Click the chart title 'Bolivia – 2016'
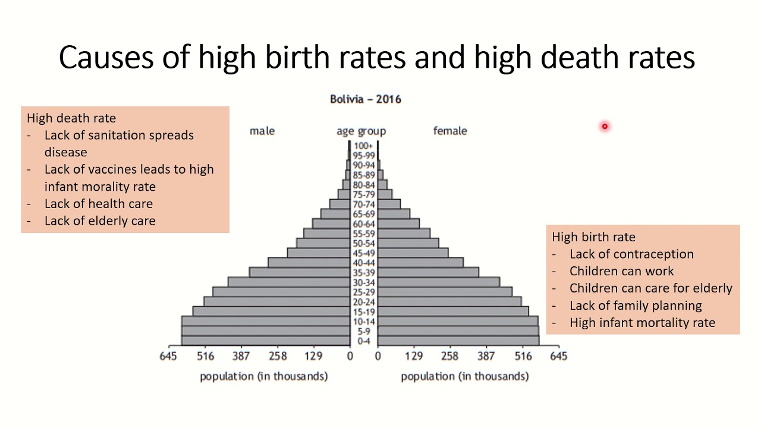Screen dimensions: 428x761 click(x=365, y=99)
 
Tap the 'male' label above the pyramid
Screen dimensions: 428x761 click(x=262, y=131)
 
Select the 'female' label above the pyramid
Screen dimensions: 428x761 click(x=450, y=131)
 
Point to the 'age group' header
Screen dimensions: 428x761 click(x=361, y=131)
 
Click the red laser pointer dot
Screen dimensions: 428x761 click(x=604, y=126)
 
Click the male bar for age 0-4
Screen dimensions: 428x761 click(x=265, y=341)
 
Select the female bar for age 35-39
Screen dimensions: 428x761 click(x=428, y=272)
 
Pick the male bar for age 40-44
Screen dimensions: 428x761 click(x=309, y=263)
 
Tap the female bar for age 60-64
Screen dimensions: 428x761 click(x=398, y=224)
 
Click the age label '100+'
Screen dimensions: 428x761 click(x=363, y=146)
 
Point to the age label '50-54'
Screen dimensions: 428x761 click(x=363, y=243)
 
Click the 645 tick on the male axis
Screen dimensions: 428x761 click(x=169, y=356)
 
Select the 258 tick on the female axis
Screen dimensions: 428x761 click(x=450, y=356)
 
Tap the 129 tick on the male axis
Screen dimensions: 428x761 click(x=313, y=356)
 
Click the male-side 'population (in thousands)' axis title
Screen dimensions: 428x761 click(x=263, y=376)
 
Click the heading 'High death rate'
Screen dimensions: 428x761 click(x=71, y=118)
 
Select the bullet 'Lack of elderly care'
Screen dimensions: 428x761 click(x=100, y=221)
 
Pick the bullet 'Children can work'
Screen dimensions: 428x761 click(x=621, y=271)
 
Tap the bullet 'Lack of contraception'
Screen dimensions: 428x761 click(x=631, y=254)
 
